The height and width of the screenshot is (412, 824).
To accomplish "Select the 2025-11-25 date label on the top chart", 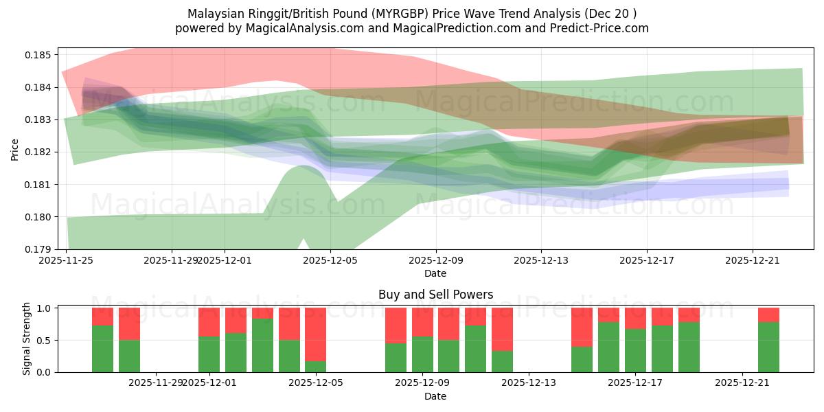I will tap(66, 260).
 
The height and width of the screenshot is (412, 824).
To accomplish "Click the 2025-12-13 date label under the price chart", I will tap(541, 260).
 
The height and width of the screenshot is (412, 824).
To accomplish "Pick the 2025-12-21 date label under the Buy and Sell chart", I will tap(742, 383).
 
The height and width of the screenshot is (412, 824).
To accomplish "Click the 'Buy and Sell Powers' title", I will tap(435, 295).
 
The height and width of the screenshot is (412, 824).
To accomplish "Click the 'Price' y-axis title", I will tap(16, 148).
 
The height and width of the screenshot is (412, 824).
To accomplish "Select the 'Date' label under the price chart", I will tap(435, 273).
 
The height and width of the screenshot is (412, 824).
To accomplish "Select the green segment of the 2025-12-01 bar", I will tap(209, 354).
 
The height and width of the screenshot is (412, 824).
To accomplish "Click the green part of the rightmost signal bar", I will tap(768, 347).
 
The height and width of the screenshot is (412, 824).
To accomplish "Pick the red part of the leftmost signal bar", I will tap(102, 316).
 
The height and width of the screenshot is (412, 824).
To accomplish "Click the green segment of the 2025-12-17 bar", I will tap(635, 350).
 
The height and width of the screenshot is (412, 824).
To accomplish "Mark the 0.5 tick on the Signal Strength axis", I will tap(45, 340).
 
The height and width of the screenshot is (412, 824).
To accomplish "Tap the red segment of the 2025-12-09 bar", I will tap(422, 322).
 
